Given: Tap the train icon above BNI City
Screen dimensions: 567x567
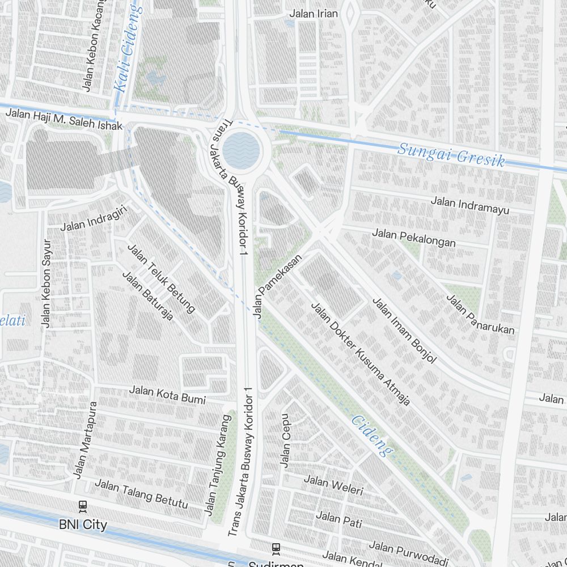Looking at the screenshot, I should (83, 505).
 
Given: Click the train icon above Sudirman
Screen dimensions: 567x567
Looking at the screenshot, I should (276, 548).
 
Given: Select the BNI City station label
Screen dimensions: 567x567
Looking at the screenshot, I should (83, 524).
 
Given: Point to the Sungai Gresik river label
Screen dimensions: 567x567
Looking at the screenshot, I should (451, 154).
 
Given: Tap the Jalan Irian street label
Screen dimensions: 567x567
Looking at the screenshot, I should (314, 14).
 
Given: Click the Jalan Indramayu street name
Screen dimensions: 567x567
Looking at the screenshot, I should (469, 205).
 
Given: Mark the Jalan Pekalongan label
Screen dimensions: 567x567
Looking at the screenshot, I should (414, 238).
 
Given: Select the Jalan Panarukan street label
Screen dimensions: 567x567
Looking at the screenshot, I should (480, 314).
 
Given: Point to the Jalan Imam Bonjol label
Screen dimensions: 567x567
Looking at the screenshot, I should (404, 330).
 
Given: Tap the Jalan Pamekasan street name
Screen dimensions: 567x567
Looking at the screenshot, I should (278, 286).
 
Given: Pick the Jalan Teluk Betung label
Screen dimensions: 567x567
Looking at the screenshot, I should (161, 278).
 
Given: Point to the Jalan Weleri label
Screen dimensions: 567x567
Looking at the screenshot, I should (333, 485).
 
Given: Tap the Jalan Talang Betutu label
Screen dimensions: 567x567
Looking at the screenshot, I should (141, 493).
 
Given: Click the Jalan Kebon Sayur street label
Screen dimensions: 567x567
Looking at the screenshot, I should (46, 283).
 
